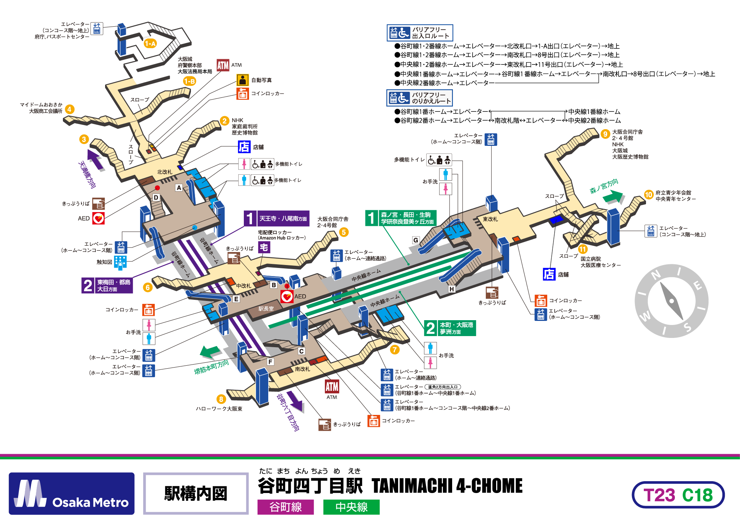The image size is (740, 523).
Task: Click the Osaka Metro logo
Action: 71,493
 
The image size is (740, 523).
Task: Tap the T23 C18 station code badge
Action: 678,495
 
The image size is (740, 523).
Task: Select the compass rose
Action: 672,301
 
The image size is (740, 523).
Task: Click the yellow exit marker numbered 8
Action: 221,399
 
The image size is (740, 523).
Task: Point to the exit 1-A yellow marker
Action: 150,44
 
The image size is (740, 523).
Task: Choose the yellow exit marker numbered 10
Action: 648,195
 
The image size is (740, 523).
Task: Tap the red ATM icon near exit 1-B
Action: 223,66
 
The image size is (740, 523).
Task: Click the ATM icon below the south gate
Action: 332,386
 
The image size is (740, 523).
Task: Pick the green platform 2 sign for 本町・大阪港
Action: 450,328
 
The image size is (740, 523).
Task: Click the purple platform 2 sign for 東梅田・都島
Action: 107,285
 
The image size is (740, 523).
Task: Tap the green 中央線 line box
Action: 351,507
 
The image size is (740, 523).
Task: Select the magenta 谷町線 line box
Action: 285,507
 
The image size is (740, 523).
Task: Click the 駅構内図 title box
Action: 196,493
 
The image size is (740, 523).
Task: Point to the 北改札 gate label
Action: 165,172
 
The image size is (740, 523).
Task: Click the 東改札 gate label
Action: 490,219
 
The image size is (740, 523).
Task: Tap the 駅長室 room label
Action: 266,309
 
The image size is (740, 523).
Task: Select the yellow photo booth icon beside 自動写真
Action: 242,80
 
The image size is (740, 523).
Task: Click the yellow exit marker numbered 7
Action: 395,349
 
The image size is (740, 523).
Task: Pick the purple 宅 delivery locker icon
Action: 264,247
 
